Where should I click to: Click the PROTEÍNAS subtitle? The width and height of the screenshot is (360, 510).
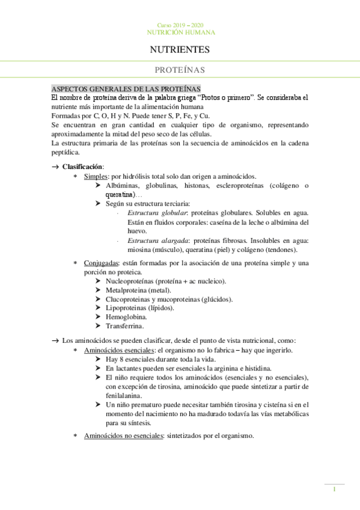[x=180, y=70]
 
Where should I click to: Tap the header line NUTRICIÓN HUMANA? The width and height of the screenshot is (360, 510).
[x=180, y=32]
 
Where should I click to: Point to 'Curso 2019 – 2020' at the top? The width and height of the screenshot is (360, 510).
[x=180, y=24]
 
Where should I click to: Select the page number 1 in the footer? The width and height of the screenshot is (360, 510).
[x=334, y=490]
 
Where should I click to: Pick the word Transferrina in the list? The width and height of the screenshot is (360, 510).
[x=124, y=326]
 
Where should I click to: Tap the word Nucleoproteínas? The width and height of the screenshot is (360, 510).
[x=130, y=281]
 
